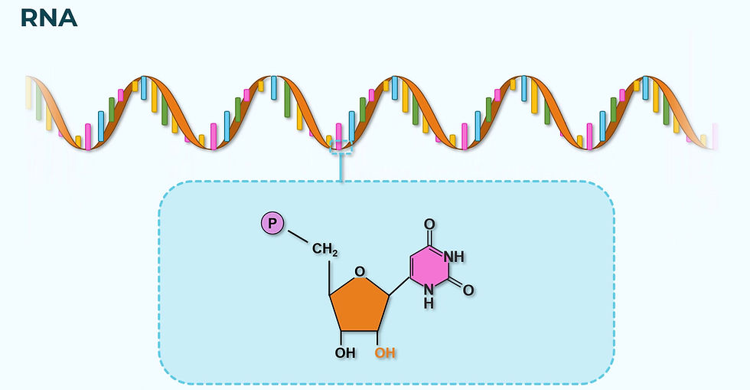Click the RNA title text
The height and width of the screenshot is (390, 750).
click(48, 18)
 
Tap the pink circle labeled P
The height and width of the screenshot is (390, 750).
click(272, 224)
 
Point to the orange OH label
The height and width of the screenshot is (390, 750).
click(385, 353)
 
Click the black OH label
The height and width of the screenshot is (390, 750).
click(345, 353)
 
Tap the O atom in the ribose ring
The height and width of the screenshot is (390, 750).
click(360, 270)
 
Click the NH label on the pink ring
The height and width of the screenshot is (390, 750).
click(454, 257)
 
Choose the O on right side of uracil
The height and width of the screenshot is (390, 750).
click(468, 290)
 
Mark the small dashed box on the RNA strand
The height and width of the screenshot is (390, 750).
click(341, 147)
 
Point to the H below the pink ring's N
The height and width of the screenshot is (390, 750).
click(429, 303)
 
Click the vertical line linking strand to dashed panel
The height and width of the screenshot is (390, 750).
click(341, 169)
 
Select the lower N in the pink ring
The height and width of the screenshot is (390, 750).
click(429, 290)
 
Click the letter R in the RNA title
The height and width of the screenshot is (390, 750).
click(28, 18)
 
